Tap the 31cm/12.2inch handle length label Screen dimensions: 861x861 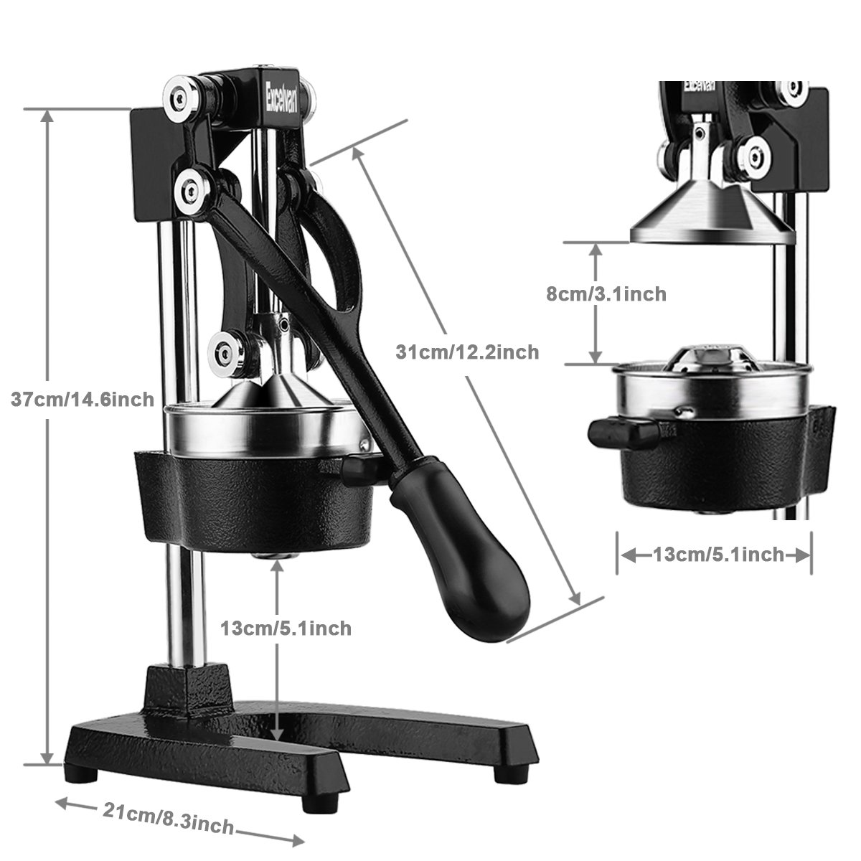[467, 352]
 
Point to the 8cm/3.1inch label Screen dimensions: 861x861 [606, 293]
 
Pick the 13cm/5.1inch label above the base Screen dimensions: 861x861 [286, 628]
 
